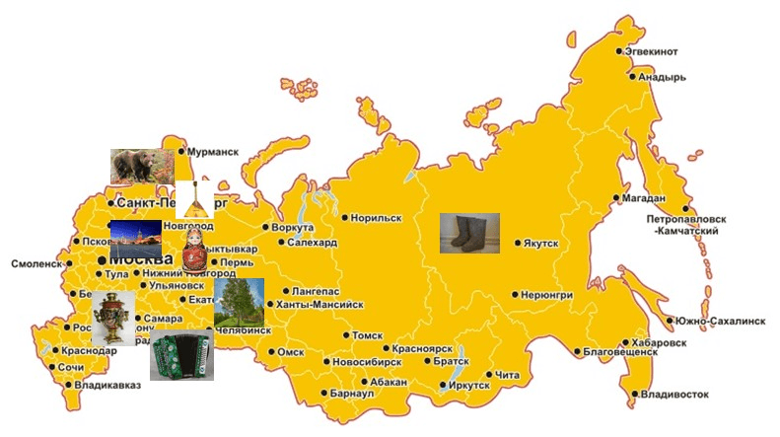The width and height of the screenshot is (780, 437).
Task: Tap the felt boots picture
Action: coord(469,234)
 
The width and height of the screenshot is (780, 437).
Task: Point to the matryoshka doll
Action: coord(194,251)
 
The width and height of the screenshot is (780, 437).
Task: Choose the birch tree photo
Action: coord(239,303)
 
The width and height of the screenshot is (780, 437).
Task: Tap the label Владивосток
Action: coord(674,395)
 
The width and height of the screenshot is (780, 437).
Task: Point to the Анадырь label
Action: coord(662,76)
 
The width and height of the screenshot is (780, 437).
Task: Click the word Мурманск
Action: coord(213,152)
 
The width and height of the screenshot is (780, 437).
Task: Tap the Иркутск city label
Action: coord(468,385)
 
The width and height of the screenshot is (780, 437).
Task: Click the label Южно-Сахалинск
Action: coord(721,321)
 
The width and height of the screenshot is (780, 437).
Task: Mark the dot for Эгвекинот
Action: coord(619,51)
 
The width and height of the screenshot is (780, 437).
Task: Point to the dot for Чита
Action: coord(489,374)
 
